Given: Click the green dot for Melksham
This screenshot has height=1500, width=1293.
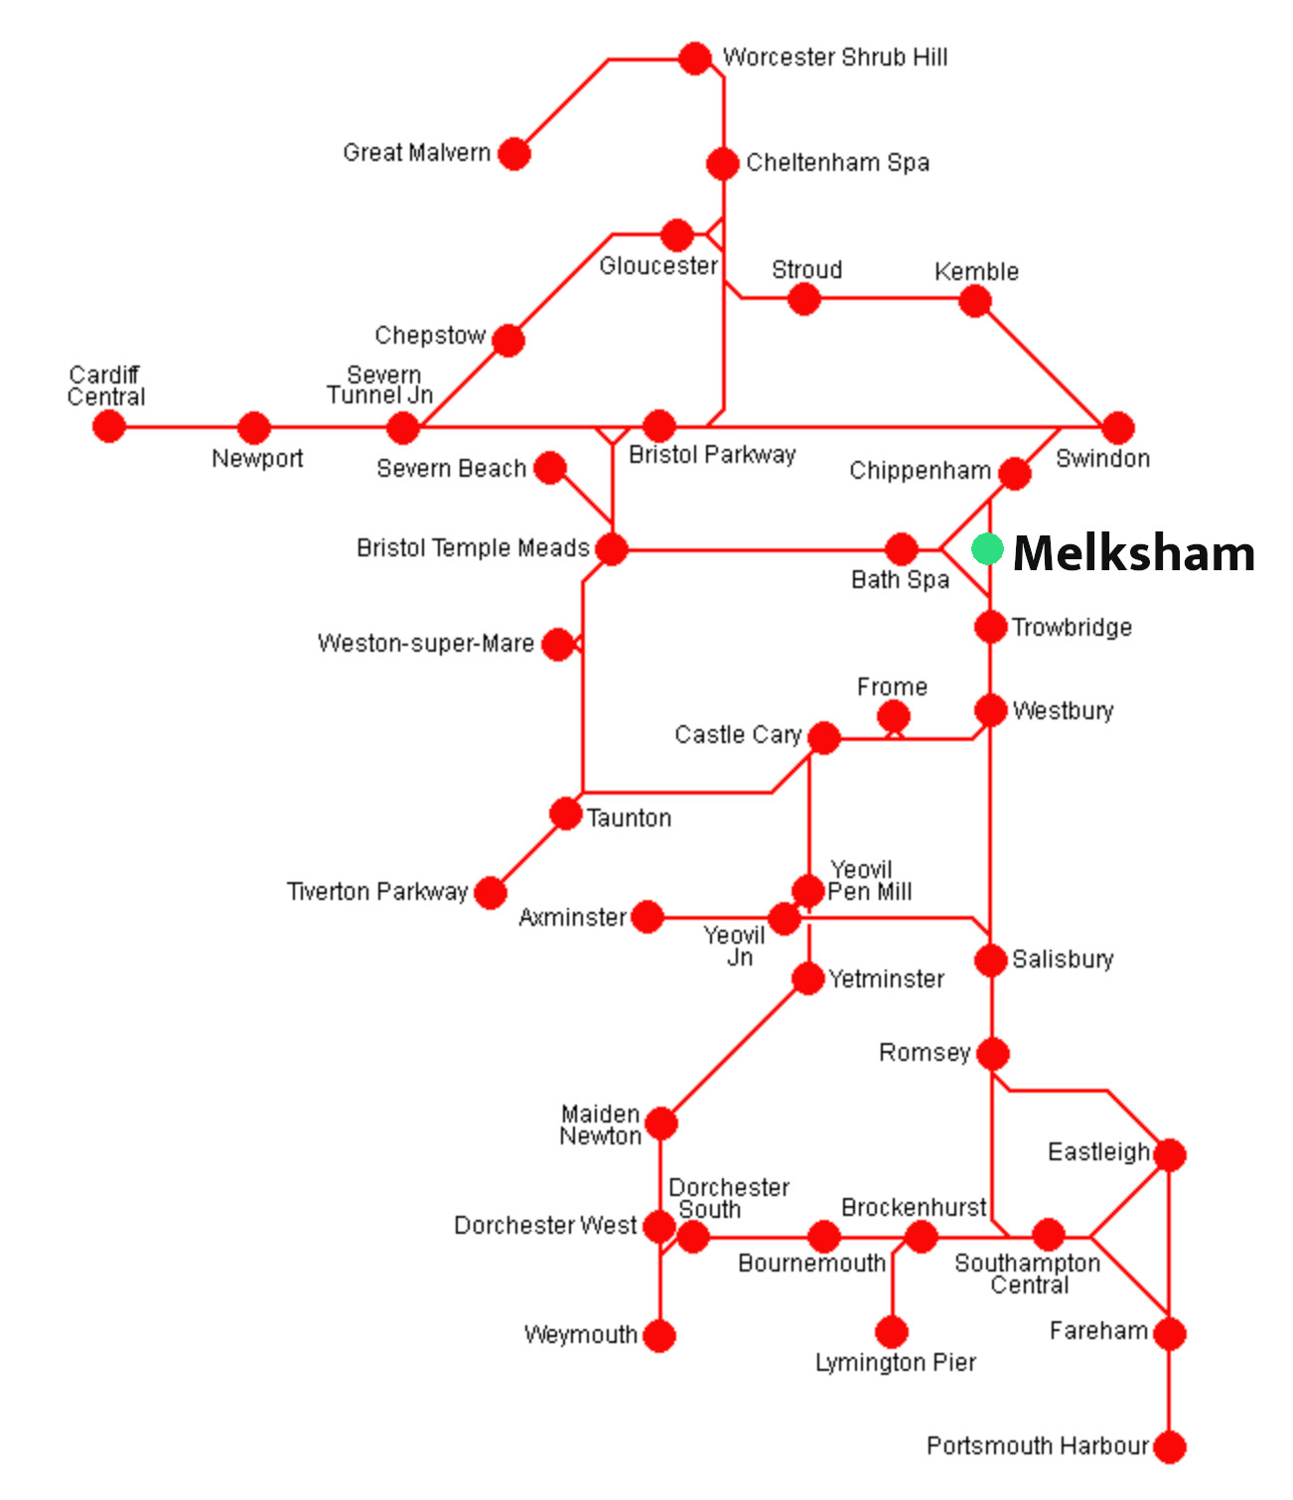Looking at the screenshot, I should pos(987,549).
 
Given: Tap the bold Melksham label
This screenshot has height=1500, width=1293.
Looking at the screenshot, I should pos(1133,553).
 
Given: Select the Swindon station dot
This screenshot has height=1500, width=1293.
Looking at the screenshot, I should pos(1118,428).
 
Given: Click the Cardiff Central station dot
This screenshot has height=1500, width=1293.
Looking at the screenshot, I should pos(109,427).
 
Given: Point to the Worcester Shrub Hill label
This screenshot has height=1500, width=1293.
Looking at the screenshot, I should pos(834,58).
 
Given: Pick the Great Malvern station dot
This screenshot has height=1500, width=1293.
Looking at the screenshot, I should pos(514,154).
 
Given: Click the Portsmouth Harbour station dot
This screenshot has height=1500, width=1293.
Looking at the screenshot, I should pos(1170,1447).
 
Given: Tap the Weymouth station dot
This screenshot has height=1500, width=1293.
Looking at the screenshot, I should pos(659,1336).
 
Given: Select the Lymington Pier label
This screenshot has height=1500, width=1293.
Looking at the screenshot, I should pos(895,1363).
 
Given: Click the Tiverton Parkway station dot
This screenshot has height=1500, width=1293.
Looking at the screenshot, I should pos(490,893).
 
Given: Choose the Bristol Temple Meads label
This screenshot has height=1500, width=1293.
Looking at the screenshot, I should pos(473,548).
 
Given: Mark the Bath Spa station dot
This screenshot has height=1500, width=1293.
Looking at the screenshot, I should pos(901,548).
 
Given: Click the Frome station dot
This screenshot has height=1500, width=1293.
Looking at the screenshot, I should pos(894,716).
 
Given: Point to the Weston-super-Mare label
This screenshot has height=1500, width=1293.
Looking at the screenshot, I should pos(425,644).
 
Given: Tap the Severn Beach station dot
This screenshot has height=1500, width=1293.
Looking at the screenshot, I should pos(550,468).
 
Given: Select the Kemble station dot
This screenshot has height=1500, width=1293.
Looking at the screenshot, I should pos(975,301).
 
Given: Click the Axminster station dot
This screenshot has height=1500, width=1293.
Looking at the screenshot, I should pos(647,917).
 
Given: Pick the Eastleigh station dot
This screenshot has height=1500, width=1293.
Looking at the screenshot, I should pos(1170,1154).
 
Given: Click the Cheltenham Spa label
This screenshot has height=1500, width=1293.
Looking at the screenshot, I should pos(837,163).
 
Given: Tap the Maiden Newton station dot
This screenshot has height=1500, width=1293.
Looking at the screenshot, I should pos(661,1124).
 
